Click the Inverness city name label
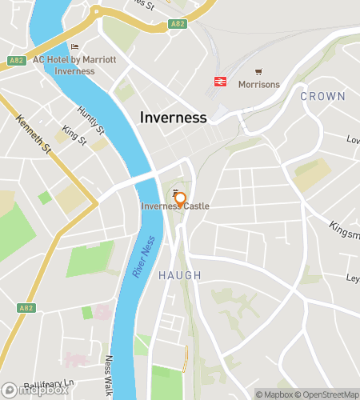[x=173, y=117]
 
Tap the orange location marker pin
[x=181, y=200]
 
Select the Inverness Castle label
[x=175, y=206]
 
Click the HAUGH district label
[x=179, y=275]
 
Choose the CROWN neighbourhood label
[x=322, y=96]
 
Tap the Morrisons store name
[x=258, y=84]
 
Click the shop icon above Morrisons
[x=258, y=72]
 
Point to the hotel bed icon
[x=74, y=47]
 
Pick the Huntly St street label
[x=91, y=119]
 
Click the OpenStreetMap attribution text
[x=329, y=394]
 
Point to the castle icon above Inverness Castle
[x=176, y=190]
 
